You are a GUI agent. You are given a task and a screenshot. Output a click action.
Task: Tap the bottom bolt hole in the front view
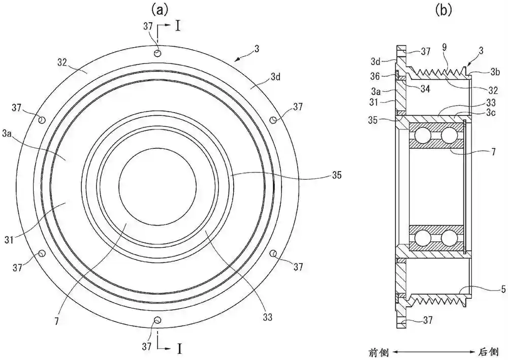(157, 320)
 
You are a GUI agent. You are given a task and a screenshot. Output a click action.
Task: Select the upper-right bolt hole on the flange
(273, 120)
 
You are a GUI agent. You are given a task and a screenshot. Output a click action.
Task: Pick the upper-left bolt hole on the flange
(42, 120)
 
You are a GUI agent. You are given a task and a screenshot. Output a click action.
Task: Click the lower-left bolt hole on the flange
(42, 253)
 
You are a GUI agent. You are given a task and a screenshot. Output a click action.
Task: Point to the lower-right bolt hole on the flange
(273, 253)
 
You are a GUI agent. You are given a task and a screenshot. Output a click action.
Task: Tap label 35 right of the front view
(336, 176)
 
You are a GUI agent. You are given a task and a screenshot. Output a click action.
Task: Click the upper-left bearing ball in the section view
(422, 136)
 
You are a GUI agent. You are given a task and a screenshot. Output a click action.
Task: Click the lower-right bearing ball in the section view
(449, 238)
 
